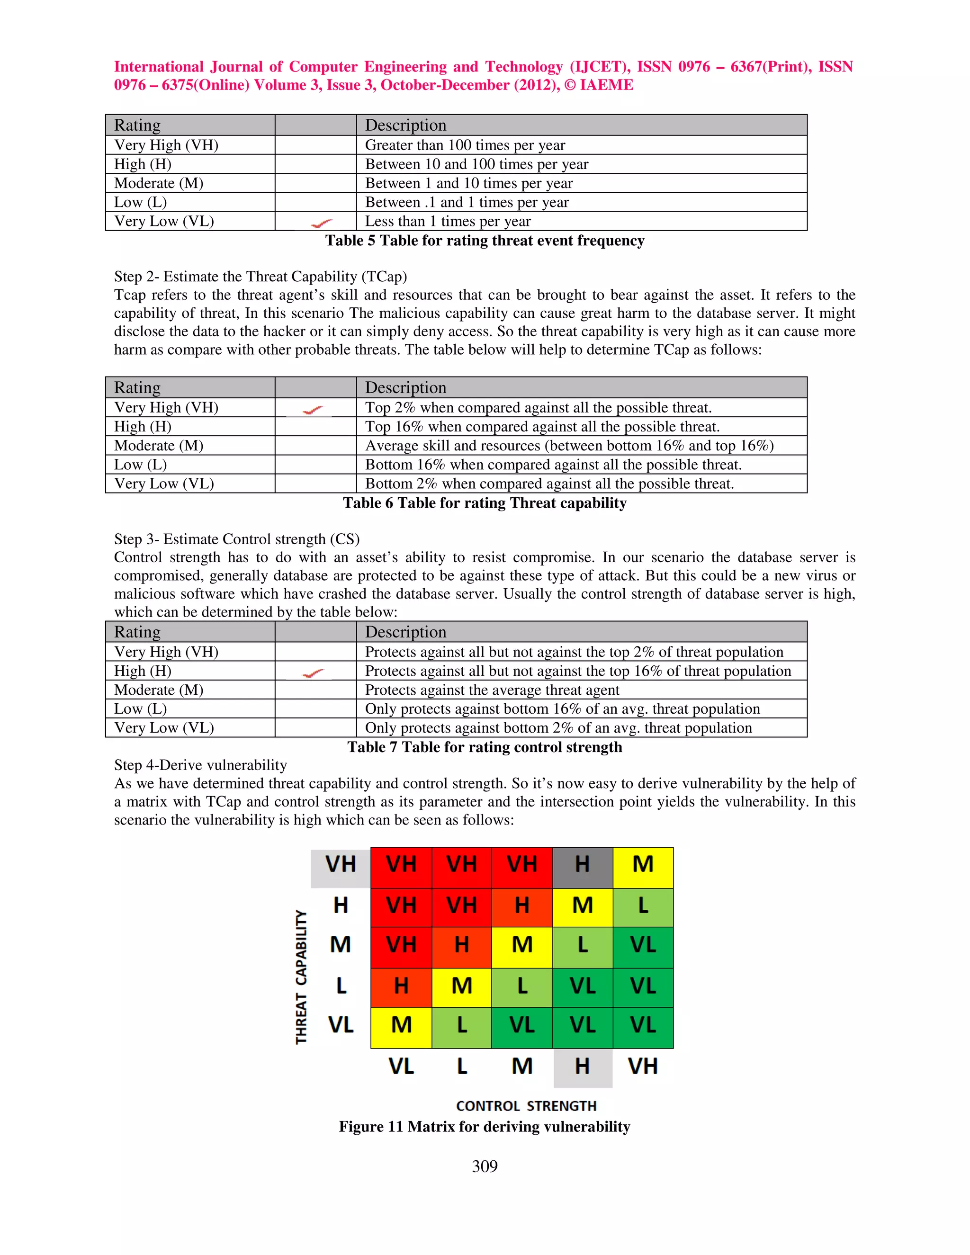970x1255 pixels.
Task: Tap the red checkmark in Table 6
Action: pos(313,410)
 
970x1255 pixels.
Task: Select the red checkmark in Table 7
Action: pos(313,673)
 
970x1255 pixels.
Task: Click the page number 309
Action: pos(485,1166)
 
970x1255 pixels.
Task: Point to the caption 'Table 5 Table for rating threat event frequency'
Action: pos(485,241)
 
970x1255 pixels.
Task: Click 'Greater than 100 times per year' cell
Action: pos(465,145)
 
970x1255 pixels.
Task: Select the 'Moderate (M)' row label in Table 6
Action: pos(159,446)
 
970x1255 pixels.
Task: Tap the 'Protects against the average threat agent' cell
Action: pos(492,690)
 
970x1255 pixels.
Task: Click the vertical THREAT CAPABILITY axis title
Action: pos(301,977)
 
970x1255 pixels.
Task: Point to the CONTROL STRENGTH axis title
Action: pos(526,1106)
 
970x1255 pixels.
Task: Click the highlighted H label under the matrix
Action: pos(582,1067)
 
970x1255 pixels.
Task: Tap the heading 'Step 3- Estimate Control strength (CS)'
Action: pos(237,539)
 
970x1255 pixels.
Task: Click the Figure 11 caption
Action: pos(485,1126)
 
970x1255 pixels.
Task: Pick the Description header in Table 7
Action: pos(406,632)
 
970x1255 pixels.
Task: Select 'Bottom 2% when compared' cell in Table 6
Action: pos(549,484)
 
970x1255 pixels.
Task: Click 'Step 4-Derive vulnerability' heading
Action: pos(200,765)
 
